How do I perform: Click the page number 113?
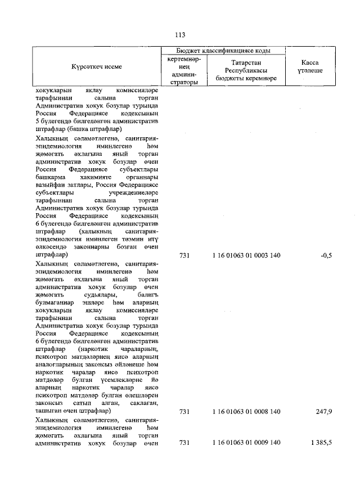click(180, 34)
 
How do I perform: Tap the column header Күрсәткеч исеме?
click(96, 66)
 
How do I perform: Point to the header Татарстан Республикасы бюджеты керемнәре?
click(246, 70)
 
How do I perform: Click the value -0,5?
click(326, 255)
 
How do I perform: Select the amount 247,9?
click(323, 412)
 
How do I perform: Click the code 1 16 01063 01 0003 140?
click(246, 255)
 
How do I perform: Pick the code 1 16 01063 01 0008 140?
click(246, 412)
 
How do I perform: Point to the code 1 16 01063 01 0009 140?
click(246, 443)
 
